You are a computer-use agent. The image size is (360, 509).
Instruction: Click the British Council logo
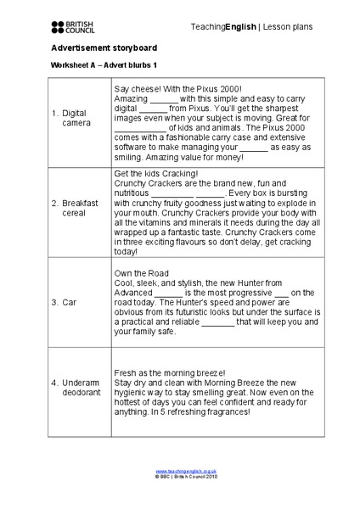pos(75,27)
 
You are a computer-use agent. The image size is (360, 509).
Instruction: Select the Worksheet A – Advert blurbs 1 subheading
pos(104,66)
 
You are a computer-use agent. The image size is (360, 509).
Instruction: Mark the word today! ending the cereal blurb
pos(125,251)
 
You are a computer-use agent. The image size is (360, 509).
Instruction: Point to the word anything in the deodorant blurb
pos(132,413)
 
